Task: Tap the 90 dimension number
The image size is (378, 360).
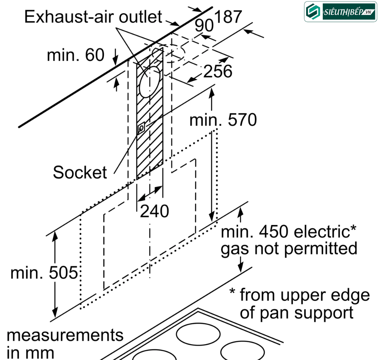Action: tap(204, 26)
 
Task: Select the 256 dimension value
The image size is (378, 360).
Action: tap(217, 71)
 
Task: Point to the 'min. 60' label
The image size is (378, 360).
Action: tap(76, 55)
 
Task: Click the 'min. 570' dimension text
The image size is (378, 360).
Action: tap(223, 120)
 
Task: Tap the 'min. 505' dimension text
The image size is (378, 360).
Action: tap(44, 273)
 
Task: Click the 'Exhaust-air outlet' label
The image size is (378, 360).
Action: tap(93, 17)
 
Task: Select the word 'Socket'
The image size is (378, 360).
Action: tap(80, 172)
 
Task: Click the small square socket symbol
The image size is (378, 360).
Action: tap(141, 129)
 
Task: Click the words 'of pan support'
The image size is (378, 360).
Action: tap(297, 313)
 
